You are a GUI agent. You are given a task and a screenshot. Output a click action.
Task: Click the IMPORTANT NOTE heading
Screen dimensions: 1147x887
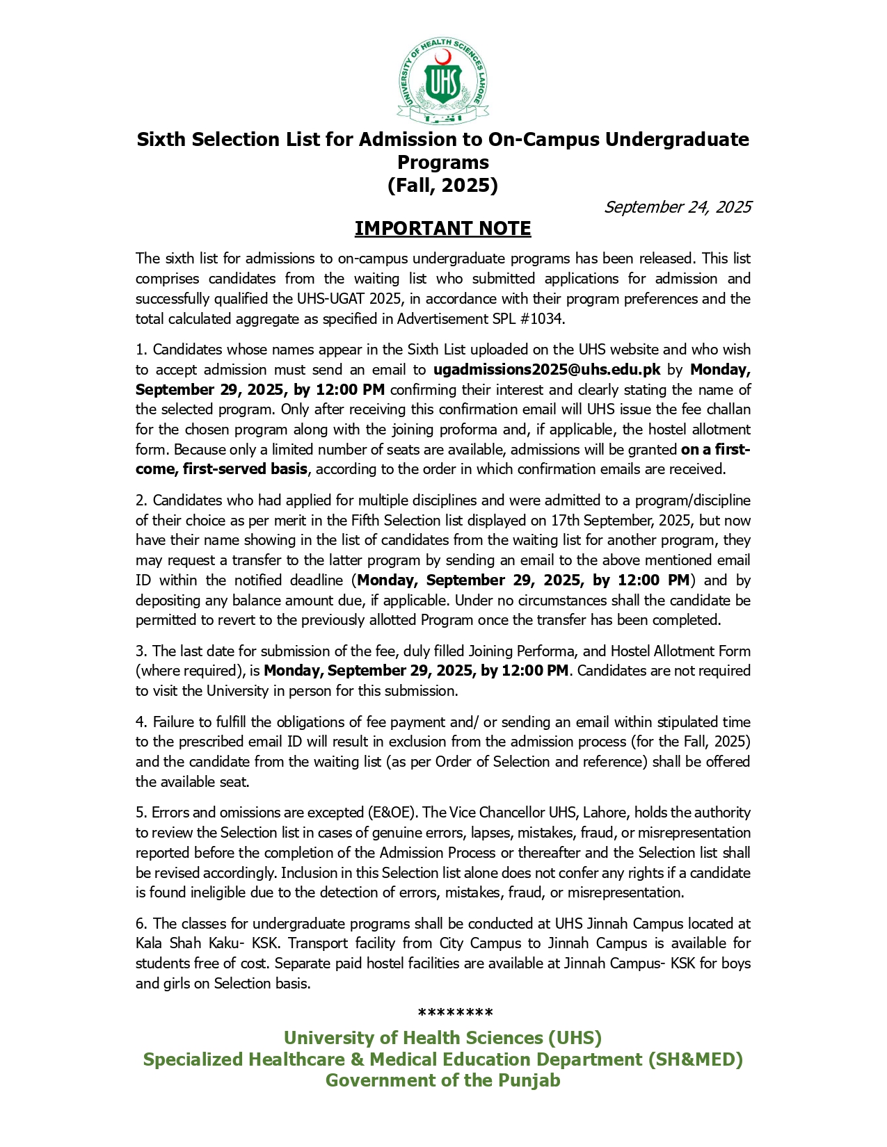[442, 229]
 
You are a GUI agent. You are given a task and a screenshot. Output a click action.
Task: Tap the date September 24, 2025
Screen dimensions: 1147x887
[678, 207]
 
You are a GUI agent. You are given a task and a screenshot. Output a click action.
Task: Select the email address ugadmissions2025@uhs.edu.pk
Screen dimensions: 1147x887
[547, 370]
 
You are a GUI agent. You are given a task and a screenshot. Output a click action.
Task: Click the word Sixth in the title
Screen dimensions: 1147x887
[161, 140]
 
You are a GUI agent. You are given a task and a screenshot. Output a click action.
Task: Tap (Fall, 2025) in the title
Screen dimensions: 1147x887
[442, 186]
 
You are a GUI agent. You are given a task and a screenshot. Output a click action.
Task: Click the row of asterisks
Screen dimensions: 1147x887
[455, 1013]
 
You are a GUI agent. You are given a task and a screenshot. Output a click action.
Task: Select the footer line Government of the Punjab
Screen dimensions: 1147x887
[442, 1080]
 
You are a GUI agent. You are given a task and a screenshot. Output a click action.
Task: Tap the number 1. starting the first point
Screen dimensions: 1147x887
[141, 350]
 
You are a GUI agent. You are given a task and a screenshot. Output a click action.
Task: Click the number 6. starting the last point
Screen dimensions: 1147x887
[141, 924]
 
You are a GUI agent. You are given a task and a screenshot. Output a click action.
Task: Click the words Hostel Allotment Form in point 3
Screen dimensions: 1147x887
[680, 651]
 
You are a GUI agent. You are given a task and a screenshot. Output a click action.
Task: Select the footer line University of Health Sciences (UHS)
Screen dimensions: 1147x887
[442, 1038]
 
